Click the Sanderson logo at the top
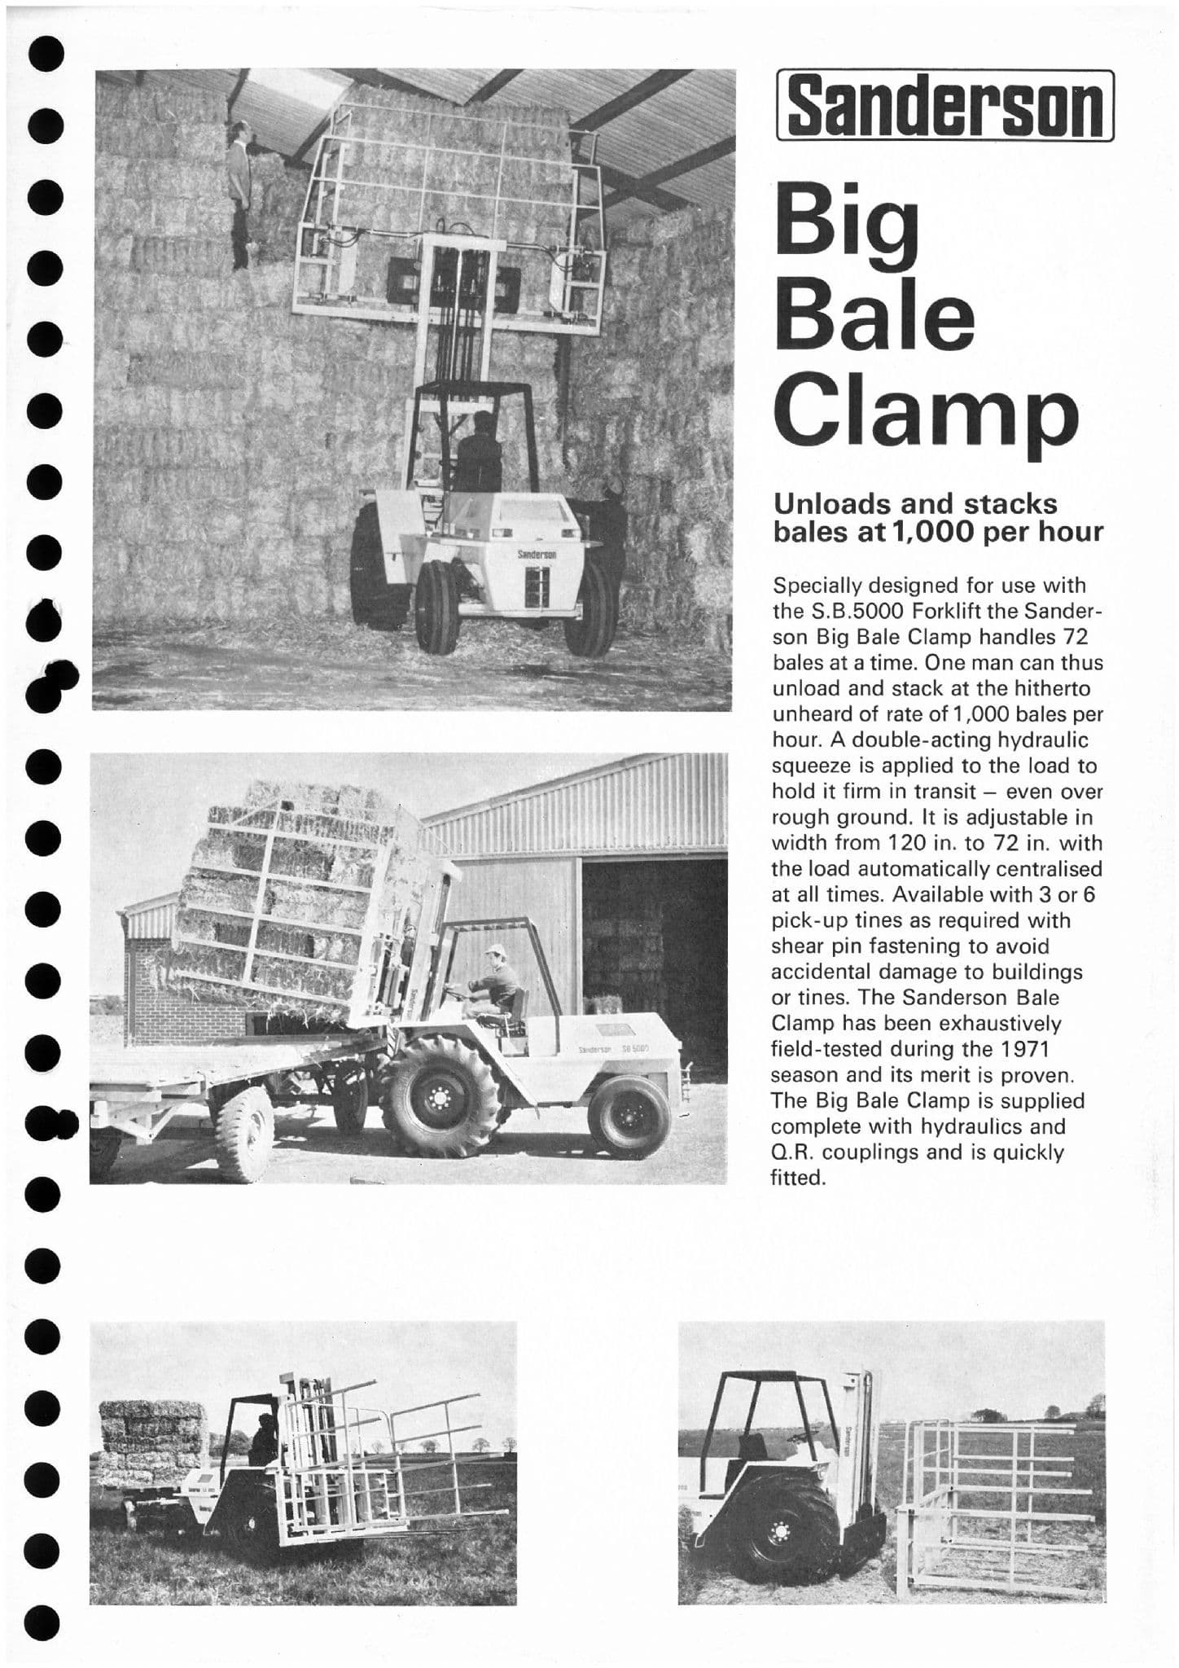945,106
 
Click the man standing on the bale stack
239,195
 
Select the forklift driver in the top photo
480,452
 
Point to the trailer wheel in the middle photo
243,1132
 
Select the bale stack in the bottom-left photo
154,1442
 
